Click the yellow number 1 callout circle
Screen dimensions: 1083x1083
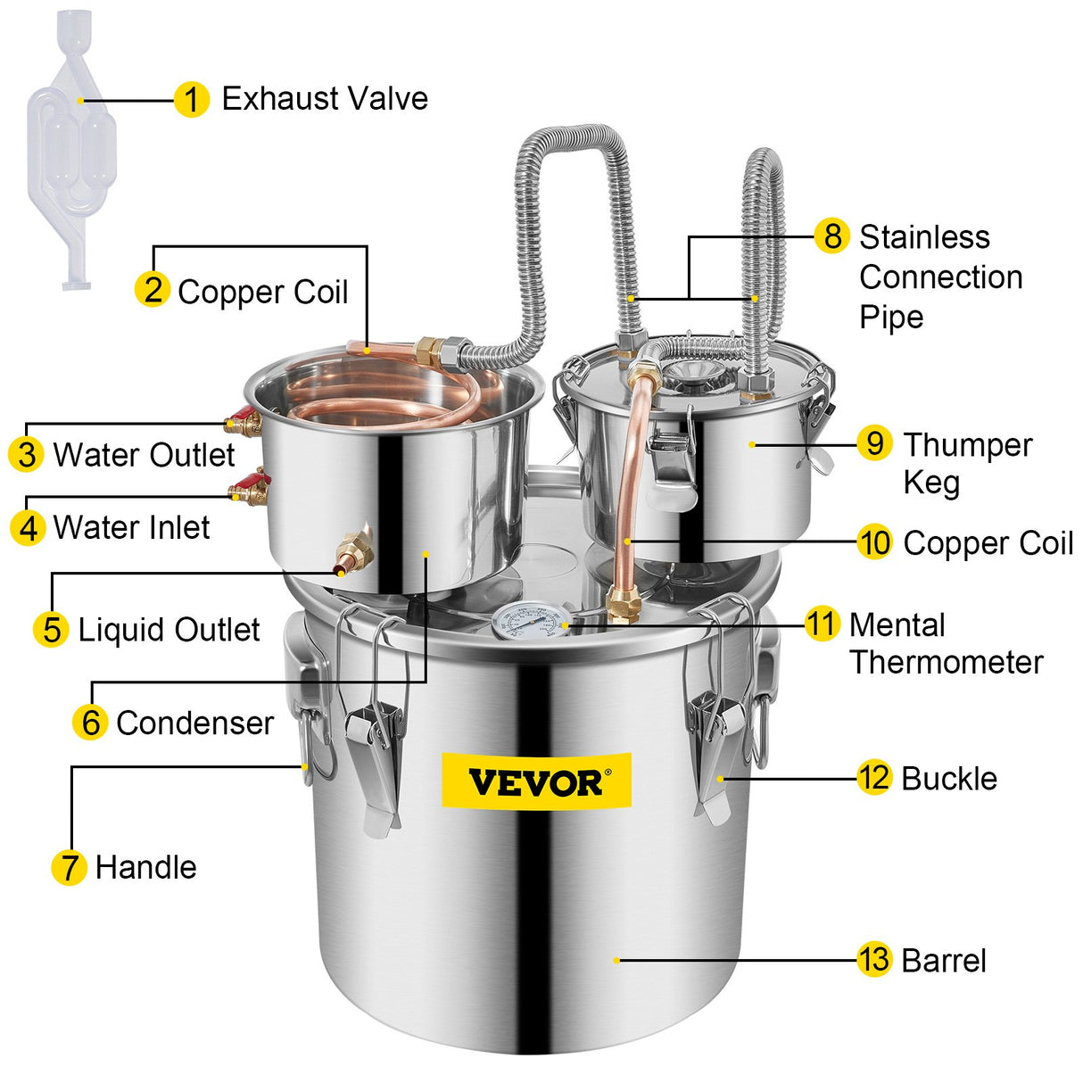tap(191, 99)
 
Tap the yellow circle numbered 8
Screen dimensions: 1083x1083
tap(831, 236)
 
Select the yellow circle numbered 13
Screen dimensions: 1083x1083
tap(874, 960)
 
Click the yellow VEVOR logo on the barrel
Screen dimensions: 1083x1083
tap(537, 781)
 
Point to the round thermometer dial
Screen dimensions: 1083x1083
tap(531, 621)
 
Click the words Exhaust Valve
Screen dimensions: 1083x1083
tap(324, 99)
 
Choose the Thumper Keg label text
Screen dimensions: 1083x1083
tap(967, 463)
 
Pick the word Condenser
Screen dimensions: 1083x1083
tap(194, 723)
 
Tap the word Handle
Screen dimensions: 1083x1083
tap(145, 867)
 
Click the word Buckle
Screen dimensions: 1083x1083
tap(949, 778)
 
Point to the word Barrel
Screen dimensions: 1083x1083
tap(944, 961)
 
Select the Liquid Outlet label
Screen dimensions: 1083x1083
tap(169, 630)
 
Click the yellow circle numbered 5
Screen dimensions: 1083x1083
tap(51, 629)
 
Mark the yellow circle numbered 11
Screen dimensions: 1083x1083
tap(822, 624)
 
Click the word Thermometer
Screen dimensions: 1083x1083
tap(946, 662)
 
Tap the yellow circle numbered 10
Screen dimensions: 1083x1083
tap(874, 542)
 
